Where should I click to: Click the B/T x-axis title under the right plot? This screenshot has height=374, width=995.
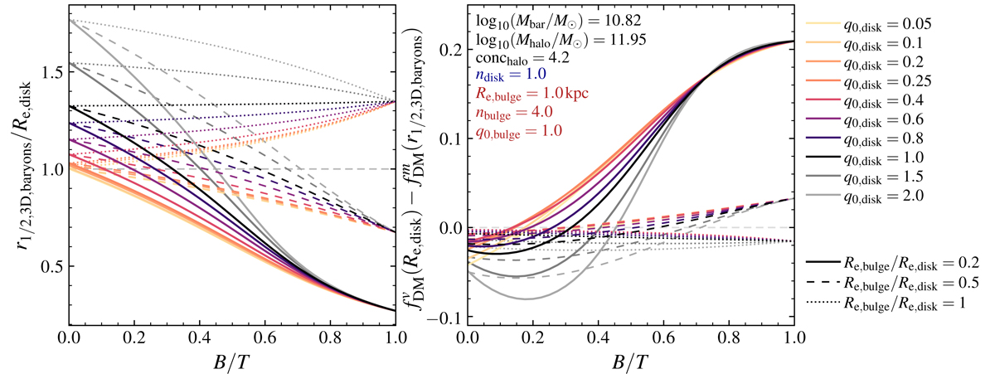pos(631,361)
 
